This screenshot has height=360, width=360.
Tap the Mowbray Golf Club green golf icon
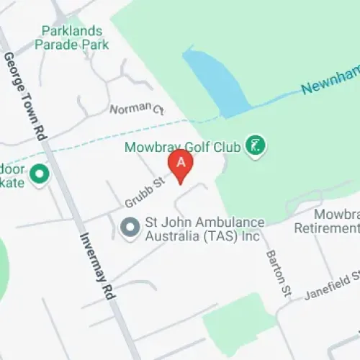[255, 146]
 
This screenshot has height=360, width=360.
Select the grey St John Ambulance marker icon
[130, 228]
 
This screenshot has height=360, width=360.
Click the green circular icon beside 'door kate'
[40, 173]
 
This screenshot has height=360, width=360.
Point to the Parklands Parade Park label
[75, 37]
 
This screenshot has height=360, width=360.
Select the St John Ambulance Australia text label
[205, 229]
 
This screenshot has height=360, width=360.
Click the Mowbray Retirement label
[328, 221]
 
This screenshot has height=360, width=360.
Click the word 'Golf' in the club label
[202, 147]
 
